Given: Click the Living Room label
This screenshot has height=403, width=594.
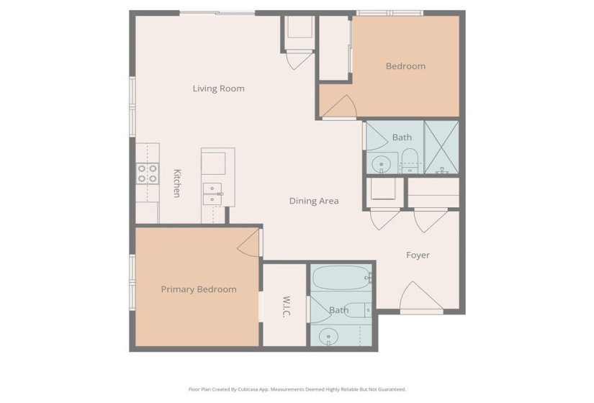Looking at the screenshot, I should pyautogui.click(x=218, y=89).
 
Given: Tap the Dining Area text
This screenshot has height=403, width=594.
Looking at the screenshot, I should pyautogui.click(x=313, y=201).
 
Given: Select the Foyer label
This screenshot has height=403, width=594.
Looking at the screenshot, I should pyautogui.click(x=418, y=255).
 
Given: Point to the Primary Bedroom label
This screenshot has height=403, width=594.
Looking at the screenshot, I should pyautogui.click(x=198, y=289).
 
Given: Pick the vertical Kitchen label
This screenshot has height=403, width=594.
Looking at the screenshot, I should pyautogui.click(x=176, y=183).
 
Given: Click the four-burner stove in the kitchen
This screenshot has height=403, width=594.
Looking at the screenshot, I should pyautogui.click(x=148, y=174).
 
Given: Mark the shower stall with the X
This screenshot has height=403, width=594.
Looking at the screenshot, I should pyautogui.click(x=441, y=148).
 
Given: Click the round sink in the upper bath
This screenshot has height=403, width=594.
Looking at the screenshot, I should pyautogui.click(x=381, y=163).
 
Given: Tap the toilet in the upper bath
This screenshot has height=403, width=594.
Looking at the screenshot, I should pyautogui.click(x=408, y=161).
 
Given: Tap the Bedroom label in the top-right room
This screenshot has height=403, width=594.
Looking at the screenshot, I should pyautogui.click(x=405, y=66).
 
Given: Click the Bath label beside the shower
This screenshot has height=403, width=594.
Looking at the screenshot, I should pyautogui.click(x=402, y=137).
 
